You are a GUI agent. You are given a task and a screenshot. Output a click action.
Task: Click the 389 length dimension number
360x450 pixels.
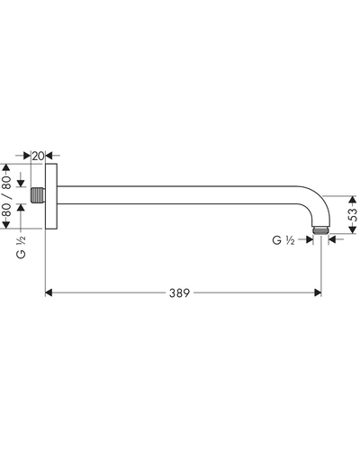tap(179, 292)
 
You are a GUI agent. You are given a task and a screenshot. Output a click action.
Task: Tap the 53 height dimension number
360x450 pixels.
tap(354, 215)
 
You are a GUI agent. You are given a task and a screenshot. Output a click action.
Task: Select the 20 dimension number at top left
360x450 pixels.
tap(38, 156)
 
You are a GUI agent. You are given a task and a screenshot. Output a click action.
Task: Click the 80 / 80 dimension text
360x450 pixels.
tap(7, 196)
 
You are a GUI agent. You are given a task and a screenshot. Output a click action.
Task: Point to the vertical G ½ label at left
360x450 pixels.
tap(21, 247)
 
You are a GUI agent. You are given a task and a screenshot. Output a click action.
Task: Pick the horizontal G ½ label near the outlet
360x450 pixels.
tap(283, 240)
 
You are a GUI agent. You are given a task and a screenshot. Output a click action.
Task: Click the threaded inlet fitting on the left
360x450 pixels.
tap(38, 195)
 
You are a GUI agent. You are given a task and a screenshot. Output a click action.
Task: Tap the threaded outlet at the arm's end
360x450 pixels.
tap(320, 230)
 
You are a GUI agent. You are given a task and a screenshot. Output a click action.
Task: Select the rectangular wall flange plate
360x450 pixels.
tap(51, 196)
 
